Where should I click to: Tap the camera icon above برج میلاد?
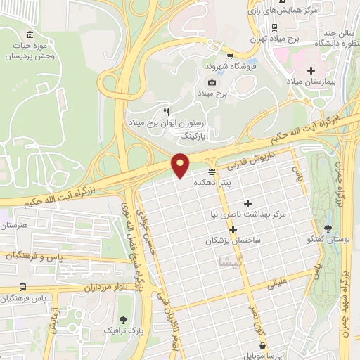(x=202, y=82)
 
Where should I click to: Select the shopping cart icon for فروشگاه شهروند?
(x=230, y=54)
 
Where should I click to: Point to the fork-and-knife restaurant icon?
(x=166, y=112)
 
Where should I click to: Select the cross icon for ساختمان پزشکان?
(x=233, y=229)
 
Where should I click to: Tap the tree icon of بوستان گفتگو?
(x=328, y=228)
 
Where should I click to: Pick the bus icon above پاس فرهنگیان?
(x=23, y=288)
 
